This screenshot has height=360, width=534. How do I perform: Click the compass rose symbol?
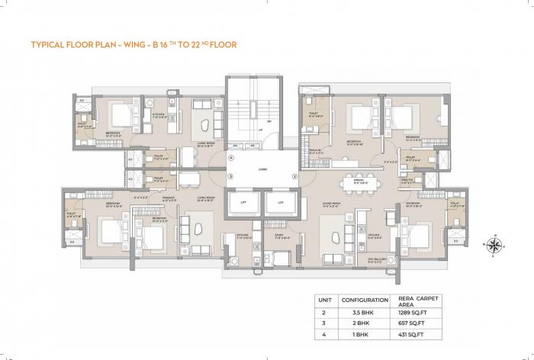click(493, 245)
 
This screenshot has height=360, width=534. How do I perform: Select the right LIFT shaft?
click(279, 203)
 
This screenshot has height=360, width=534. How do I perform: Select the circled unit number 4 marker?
click(230, 157)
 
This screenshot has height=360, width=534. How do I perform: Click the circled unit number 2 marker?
click(294, 176)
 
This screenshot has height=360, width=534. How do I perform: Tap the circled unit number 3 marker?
click(230, 176)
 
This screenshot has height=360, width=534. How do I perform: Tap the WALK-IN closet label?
click(314, 150)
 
